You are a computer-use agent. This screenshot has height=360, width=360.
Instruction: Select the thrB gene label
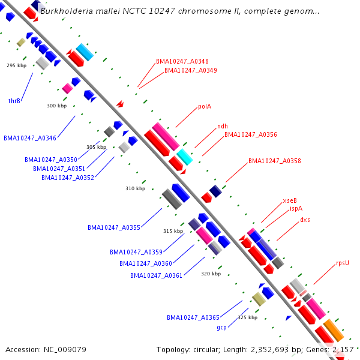(x=14, y=101)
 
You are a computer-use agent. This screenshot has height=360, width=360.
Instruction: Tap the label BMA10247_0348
(x=182, y=61)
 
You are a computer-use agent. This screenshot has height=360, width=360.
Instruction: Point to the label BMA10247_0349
(x=191, y=70)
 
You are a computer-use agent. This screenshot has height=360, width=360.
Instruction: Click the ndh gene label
(x=222, y=126)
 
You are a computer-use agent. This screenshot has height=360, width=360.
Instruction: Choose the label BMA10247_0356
(x=251, y=134)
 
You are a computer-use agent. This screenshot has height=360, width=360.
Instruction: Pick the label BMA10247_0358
(x=275, y=161)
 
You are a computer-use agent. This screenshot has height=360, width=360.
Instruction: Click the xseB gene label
(x=290, y=200)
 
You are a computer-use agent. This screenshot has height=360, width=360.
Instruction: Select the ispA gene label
(x=296, y=209)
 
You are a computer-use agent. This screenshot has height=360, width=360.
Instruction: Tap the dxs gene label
(x=305, y=220)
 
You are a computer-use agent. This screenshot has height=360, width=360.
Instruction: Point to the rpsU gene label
(x=343, y=263)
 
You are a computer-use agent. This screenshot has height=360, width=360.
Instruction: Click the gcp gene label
(x=221, y=328)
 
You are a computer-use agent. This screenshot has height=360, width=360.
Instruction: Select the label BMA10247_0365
(x=193, y=317)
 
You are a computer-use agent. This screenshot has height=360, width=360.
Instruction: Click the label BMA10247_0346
(x=30, y=138)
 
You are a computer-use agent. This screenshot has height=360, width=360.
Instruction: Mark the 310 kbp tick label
(x=135, y=188)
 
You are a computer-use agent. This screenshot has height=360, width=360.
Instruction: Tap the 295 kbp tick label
(x=16, y=65)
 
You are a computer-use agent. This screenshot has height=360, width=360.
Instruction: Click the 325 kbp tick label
(x=247, y=317)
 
